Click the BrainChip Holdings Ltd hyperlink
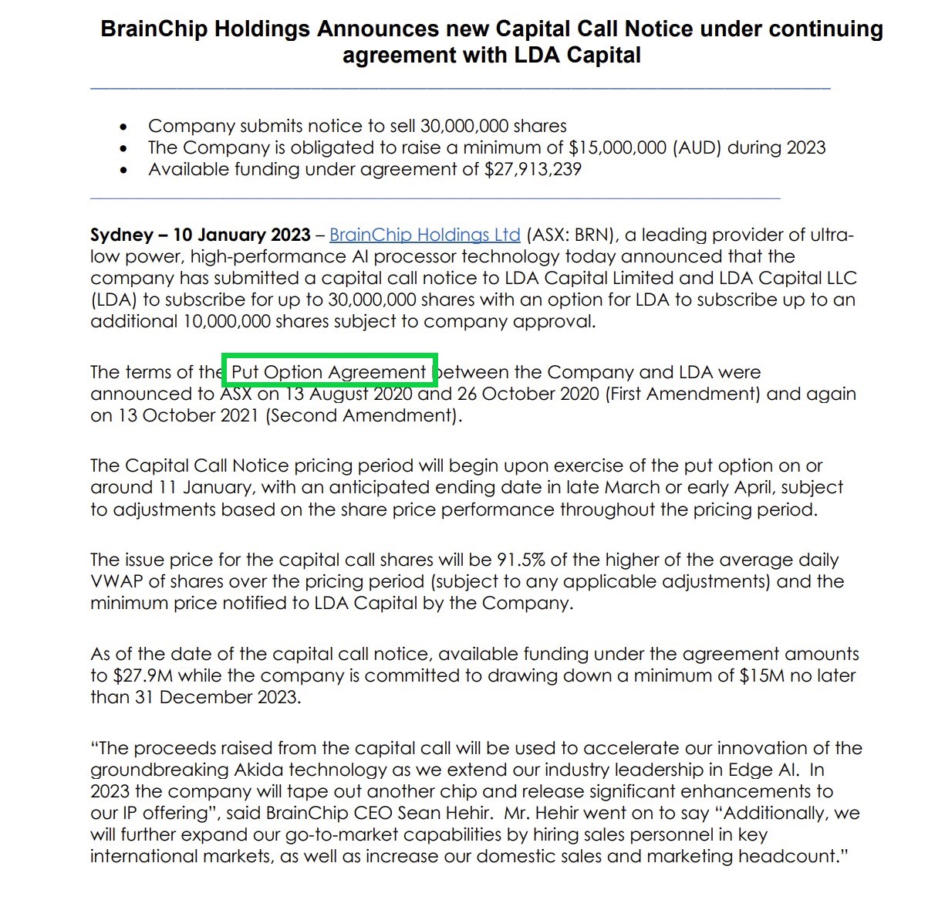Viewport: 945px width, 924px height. [424, 235]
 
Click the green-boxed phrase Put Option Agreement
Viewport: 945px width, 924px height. [329, 372]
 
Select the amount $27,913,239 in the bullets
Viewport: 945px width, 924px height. [532, 169]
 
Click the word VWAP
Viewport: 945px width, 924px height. [116, 581]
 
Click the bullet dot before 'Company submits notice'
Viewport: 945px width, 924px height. [124, 127]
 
